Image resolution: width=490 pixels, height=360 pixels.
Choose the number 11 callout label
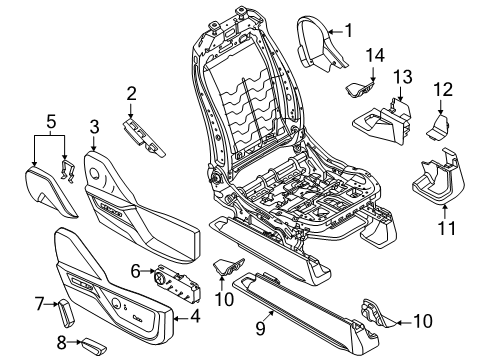tap(447, 229)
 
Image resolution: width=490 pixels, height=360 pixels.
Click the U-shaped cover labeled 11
tap(438, 177)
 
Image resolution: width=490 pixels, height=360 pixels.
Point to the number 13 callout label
tap(401, 78)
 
